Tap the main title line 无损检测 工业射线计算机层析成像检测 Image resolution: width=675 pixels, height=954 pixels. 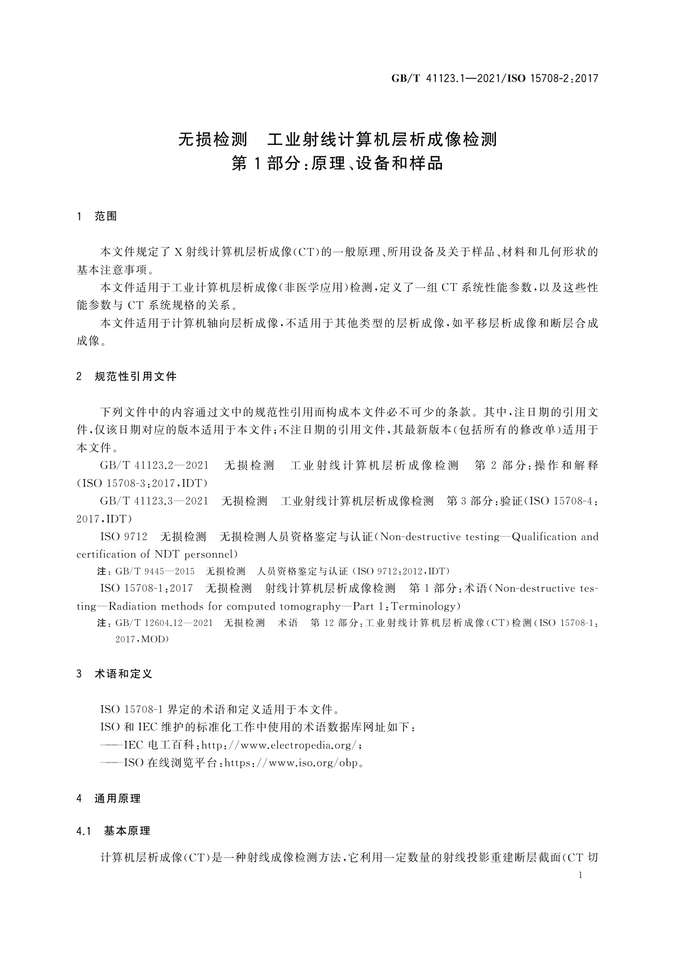337,139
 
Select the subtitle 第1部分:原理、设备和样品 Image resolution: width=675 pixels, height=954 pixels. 337,164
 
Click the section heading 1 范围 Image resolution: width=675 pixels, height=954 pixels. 97,216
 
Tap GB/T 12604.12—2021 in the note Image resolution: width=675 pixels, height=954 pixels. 164,623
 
